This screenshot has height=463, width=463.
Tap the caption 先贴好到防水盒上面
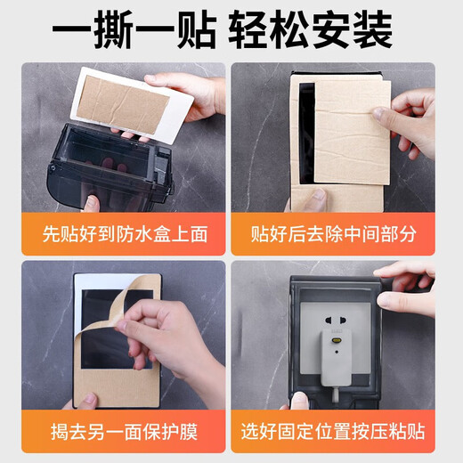[x=124, y=235]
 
